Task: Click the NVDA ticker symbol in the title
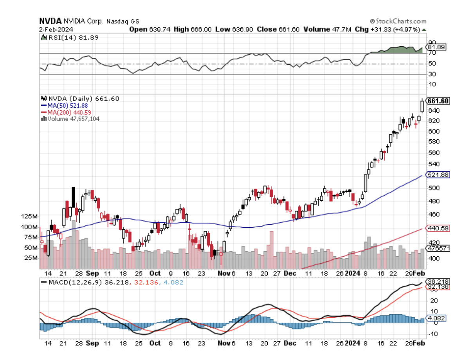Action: pyautogui.click(x=49, y=21)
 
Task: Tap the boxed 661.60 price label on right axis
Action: pyautogui.click(x=438, y=101)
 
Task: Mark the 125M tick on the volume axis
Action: pyautogui.click(x=30, y=216)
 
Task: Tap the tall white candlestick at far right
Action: pyautogui.click(x=422, y=106)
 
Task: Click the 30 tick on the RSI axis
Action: pyautogui.click(x=432, y=74)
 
